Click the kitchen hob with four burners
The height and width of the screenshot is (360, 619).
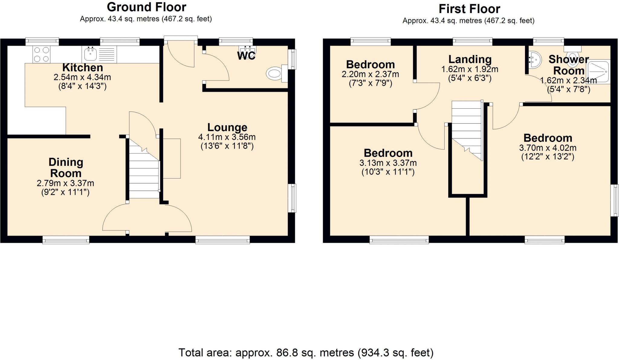41,54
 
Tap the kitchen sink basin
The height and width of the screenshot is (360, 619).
90,55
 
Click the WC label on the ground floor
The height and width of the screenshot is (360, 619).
246,56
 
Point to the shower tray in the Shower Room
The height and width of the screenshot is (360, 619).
598,72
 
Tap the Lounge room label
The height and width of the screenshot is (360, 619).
227,127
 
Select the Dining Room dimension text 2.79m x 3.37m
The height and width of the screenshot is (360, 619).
65,183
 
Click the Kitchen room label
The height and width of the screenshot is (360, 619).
83,67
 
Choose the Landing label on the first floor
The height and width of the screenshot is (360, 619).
470,59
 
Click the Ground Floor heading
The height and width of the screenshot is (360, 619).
146,7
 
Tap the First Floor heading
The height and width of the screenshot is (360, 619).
469,9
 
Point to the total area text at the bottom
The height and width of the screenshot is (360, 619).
306,352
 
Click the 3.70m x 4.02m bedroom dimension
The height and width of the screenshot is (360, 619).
548,148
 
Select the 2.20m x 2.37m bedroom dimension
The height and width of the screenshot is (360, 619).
370,74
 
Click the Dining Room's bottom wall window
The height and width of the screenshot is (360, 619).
66,240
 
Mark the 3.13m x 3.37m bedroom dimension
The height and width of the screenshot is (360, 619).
388,163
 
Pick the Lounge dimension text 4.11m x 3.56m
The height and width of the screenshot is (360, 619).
227,137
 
